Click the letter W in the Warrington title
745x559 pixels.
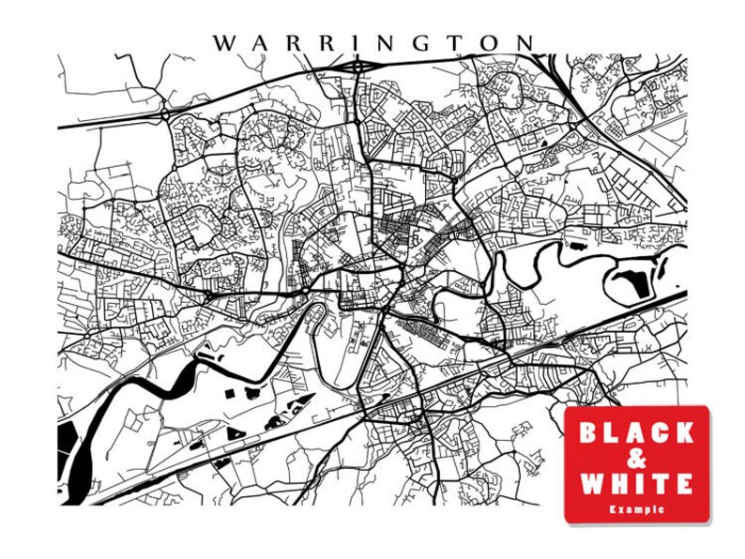pyautogui.click(x=223, y=44)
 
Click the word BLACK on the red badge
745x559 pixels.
pyautogui.click(x=636, y=433)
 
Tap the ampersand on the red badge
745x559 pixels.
pyautogui.click(x=635, y=460)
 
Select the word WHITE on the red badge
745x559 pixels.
pyautogui.click(x=636, y=485)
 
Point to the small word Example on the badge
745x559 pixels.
pyautogui.click(x=636, y=509)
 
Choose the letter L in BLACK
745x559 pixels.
pyautogui.click(x=612, y=433)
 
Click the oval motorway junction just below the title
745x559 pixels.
pyautogui.click(x=357, y=67)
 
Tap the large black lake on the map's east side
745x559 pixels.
pyautogui.click(x=631, y=277)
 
